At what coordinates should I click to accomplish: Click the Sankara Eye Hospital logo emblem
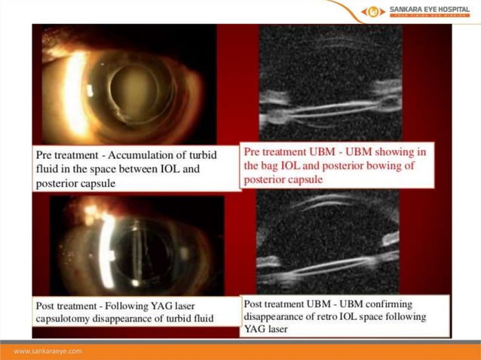(373, 11)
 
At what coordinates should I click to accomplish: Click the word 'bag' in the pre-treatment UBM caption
(274, 166)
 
